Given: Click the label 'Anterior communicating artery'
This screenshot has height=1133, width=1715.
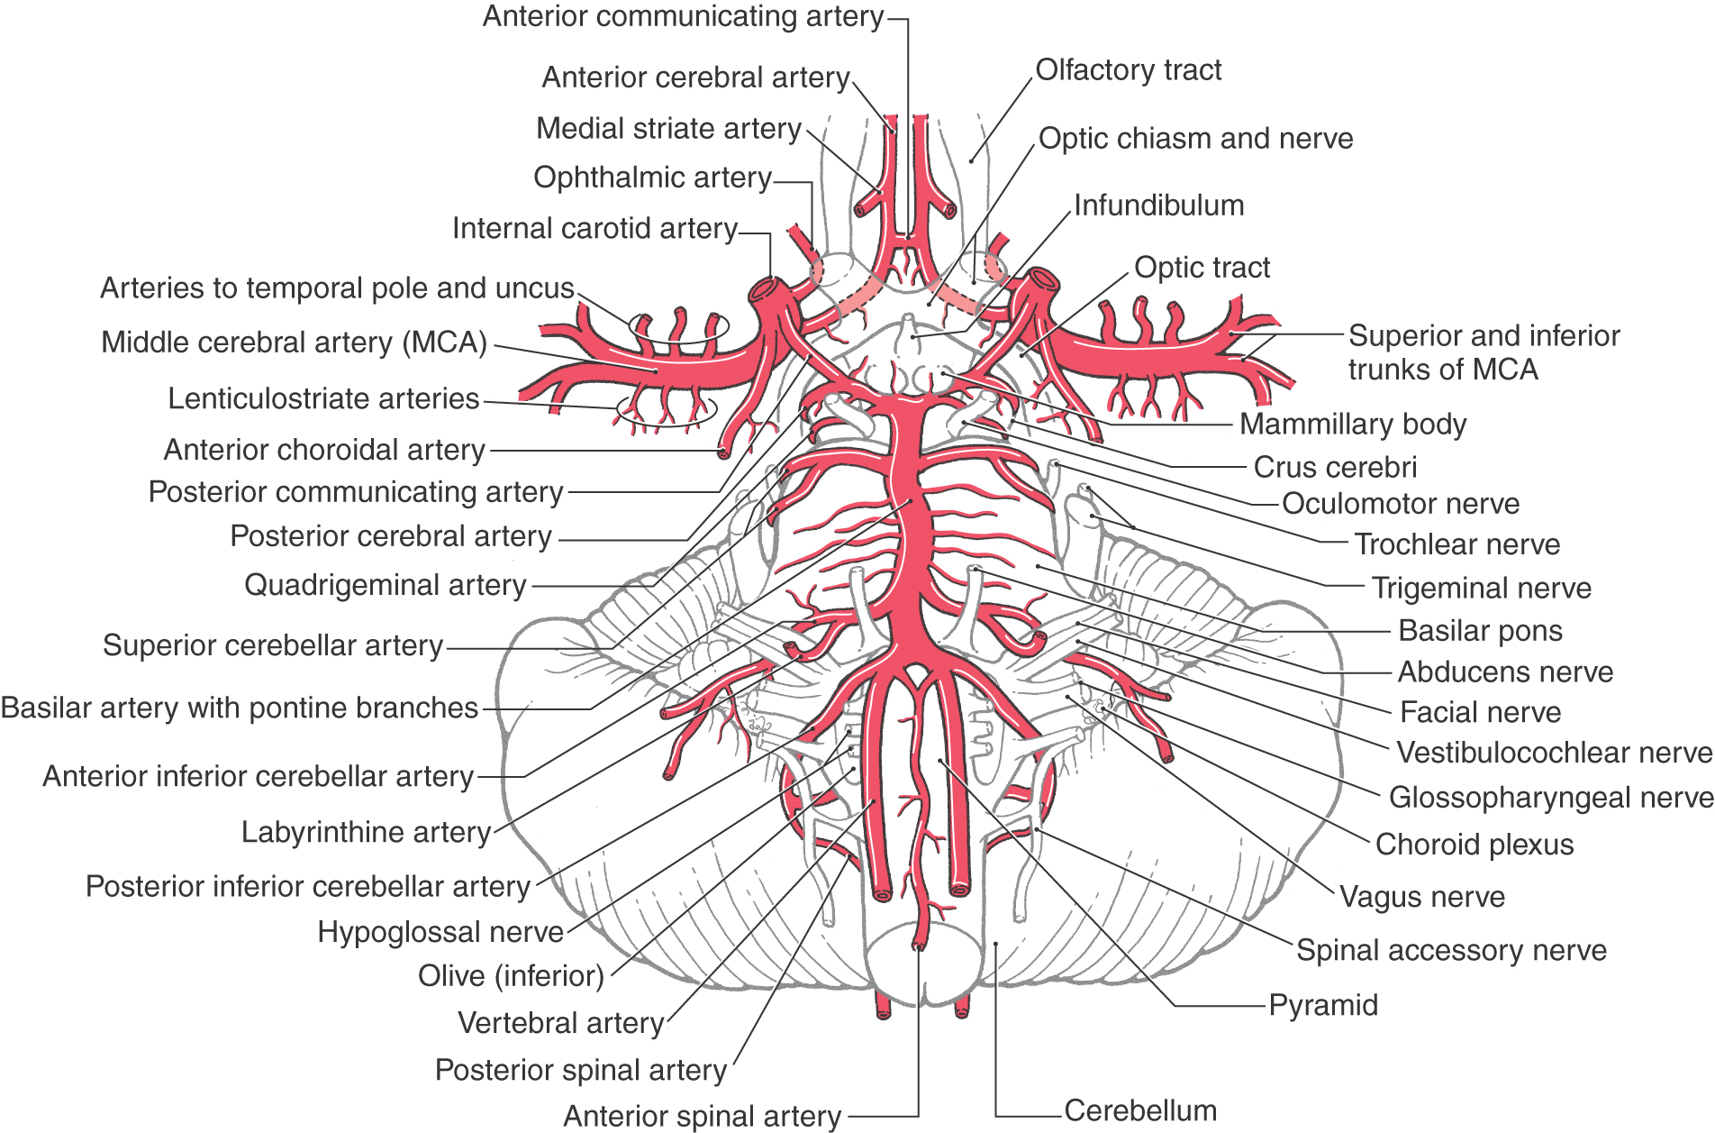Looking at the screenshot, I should [683, 17].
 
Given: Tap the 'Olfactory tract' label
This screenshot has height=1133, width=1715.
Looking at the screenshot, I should [1128, 70].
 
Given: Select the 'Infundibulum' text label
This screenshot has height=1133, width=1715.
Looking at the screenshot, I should [1158, 206].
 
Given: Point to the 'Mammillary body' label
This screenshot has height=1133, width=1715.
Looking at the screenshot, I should [1353, 424].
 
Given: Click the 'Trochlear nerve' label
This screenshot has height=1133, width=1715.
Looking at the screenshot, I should [1456, 544].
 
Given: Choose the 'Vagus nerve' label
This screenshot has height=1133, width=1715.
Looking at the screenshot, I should [1421, 897].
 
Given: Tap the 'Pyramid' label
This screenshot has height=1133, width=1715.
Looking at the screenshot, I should [1322, 1005].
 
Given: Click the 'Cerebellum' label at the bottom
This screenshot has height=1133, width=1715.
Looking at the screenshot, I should [1139, 1110].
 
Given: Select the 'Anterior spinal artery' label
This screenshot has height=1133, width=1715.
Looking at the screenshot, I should [702, 1117].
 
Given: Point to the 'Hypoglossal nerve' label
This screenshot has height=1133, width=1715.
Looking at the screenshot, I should [440, 932].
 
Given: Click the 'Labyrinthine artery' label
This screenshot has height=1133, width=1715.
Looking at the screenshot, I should [366, 832].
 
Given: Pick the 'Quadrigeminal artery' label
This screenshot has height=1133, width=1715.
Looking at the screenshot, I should [385, 585].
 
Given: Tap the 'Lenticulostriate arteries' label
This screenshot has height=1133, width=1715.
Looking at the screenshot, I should [323, 398].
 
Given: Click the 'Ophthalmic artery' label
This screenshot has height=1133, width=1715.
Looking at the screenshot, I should [652, 178].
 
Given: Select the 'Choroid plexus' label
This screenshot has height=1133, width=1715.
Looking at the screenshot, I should [1474, 845].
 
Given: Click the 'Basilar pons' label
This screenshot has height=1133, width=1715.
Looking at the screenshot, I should [1479, 631].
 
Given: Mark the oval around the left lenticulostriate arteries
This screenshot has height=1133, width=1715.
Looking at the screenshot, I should [666, 412].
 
